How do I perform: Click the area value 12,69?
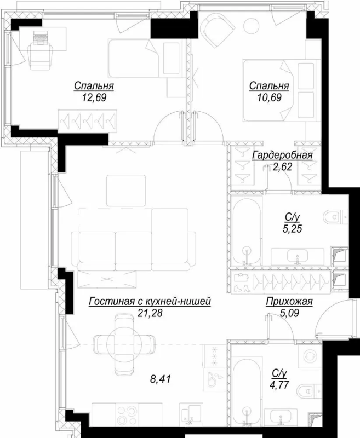pos(89,98)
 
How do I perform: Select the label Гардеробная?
pos(282,155)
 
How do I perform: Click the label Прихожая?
pos(289,302)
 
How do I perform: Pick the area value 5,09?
pos(289,314)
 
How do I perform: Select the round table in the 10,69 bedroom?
pos(253,26)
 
